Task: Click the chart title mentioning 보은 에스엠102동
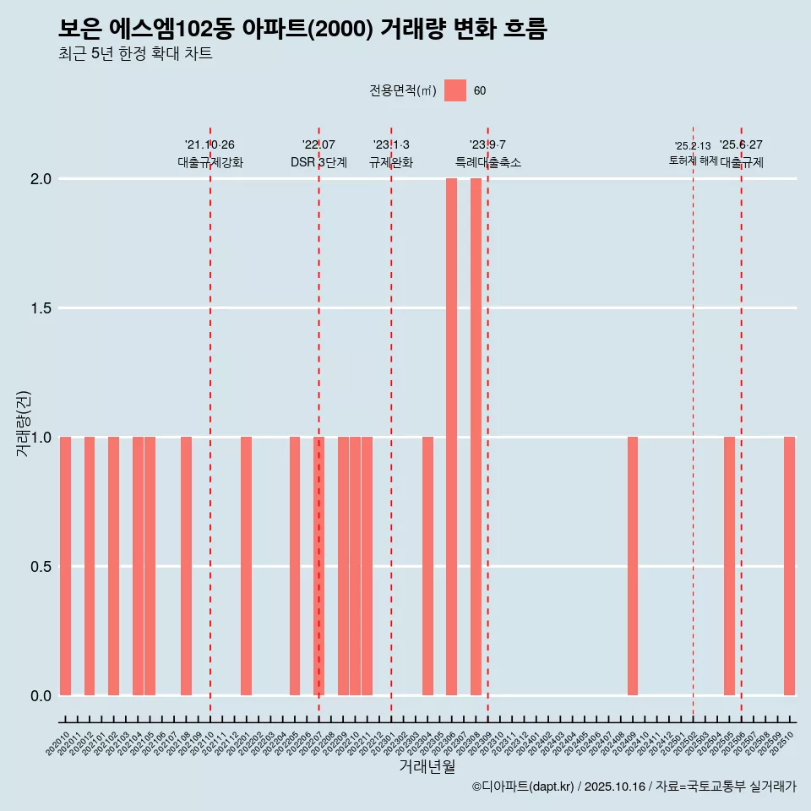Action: tap(302, 29)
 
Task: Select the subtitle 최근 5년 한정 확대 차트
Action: tap(135, 54)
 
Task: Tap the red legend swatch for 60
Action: tap(455, 90)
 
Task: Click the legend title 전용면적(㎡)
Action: tap(403, 90)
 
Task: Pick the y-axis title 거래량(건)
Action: tap(24, 423)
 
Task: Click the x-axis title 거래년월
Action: tap(427, 767)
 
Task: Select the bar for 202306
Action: tap(451, 437)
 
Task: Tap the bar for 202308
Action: tap(476, 437)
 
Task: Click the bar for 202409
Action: tap(633, 566)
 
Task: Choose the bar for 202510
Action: tap(789, 566)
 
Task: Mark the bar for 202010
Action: tap(65, 566)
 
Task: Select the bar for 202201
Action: tap(246, 566)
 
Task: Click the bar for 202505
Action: tap(729, 566)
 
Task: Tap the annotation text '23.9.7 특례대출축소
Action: tap(487, 154)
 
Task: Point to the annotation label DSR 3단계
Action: tap(318, 162)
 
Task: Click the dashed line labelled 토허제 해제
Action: tap(693, 422)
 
